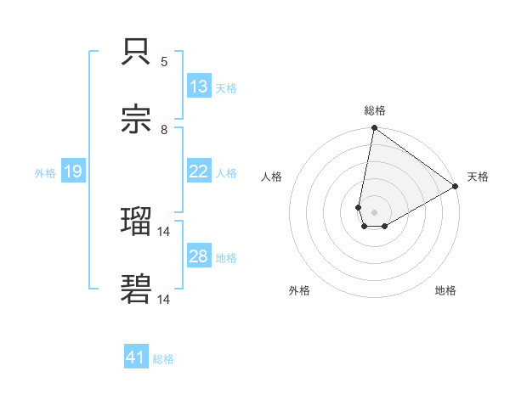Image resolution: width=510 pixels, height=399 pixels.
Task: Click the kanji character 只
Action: (138, 53)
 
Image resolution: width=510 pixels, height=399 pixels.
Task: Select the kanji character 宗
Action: (138, 118)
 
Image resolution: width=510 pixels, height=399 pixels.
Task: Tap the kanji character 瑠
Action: (138, 223)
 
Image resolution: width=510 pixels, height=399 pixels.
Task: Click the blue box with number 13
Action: (199, 87)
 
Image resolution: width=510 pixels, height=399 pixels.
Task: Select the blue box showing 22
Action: (199, 171)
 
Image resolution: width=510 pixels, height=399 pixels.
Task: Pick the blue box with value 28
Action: (199, 256)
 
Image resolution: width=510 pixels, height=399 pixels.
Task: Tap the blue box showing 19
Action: (73, 172)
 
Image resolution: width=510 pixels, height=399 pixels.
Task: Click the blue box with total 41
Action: (136, 358)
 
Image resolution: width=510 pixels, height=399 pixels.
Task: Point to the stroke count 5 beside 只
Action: (164, 61)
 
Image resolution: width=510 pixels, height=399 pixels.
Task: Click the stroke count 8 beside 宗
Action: (164, 129)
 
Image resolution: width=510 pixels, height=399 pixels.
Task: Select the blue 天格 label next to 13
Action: (226, 87)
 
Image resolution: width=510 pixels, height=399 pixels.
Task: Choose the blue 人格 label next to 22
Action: (226, 172)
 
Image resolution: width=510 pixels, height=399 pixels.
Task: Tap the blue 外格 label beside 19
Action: (45, 172)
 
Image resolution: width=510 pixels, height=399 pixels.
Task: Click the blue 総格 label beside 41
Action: (163, 359)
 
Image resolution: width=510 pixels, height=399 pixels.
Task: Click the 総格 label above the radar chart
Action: (375, 110)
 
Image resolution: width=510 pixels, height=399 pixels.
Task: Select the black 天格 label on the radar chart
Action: (478, 177)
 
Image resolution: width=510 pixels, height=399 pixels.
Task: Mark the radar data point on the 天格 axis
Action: (456, 188)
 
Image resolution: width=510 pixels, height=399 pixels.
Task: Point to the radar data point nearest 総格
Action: (374, 129)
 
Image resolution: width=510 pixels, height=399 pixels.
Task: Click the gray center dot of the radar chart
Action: (375, 212)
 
